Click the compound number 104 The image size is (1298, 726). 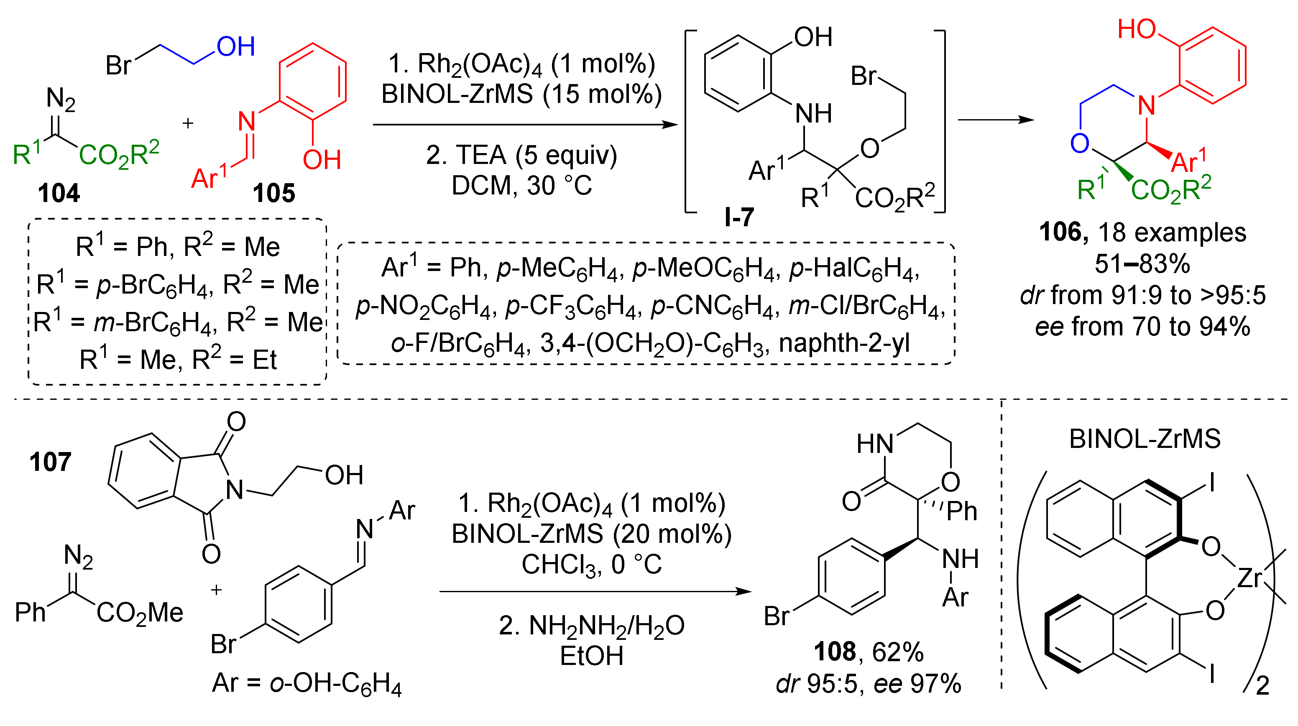point(59,194)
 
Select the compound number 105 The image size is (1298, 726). point(273,194)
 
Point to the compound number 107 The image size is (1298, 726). point(50,462)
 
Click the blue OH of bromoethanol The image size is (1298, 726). point(235,47)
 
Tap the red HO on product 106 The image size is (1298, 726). point(1136,29)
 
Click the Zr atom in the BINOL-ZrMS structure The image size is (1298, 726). point(1249,579)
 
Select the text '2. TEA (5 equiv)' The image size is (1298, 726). point(521,155)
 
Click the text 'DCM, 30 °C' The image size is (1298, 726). point(521,186)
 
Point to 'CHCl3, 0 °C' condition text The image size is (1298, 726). point(591,565)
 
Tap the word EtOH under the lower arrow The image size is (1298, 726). point(591,656)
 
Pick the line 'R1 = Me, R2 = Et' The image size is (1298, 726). point(177,360)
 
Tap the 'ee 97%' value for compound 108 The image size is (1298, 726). point(917,684)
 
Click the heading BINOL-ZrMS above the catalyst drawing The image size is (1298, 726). point(1144,439)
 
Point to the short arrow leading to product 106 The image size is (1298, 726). point(995,120)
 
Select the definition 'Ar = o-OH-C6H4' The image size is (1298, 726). point(307,684)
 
